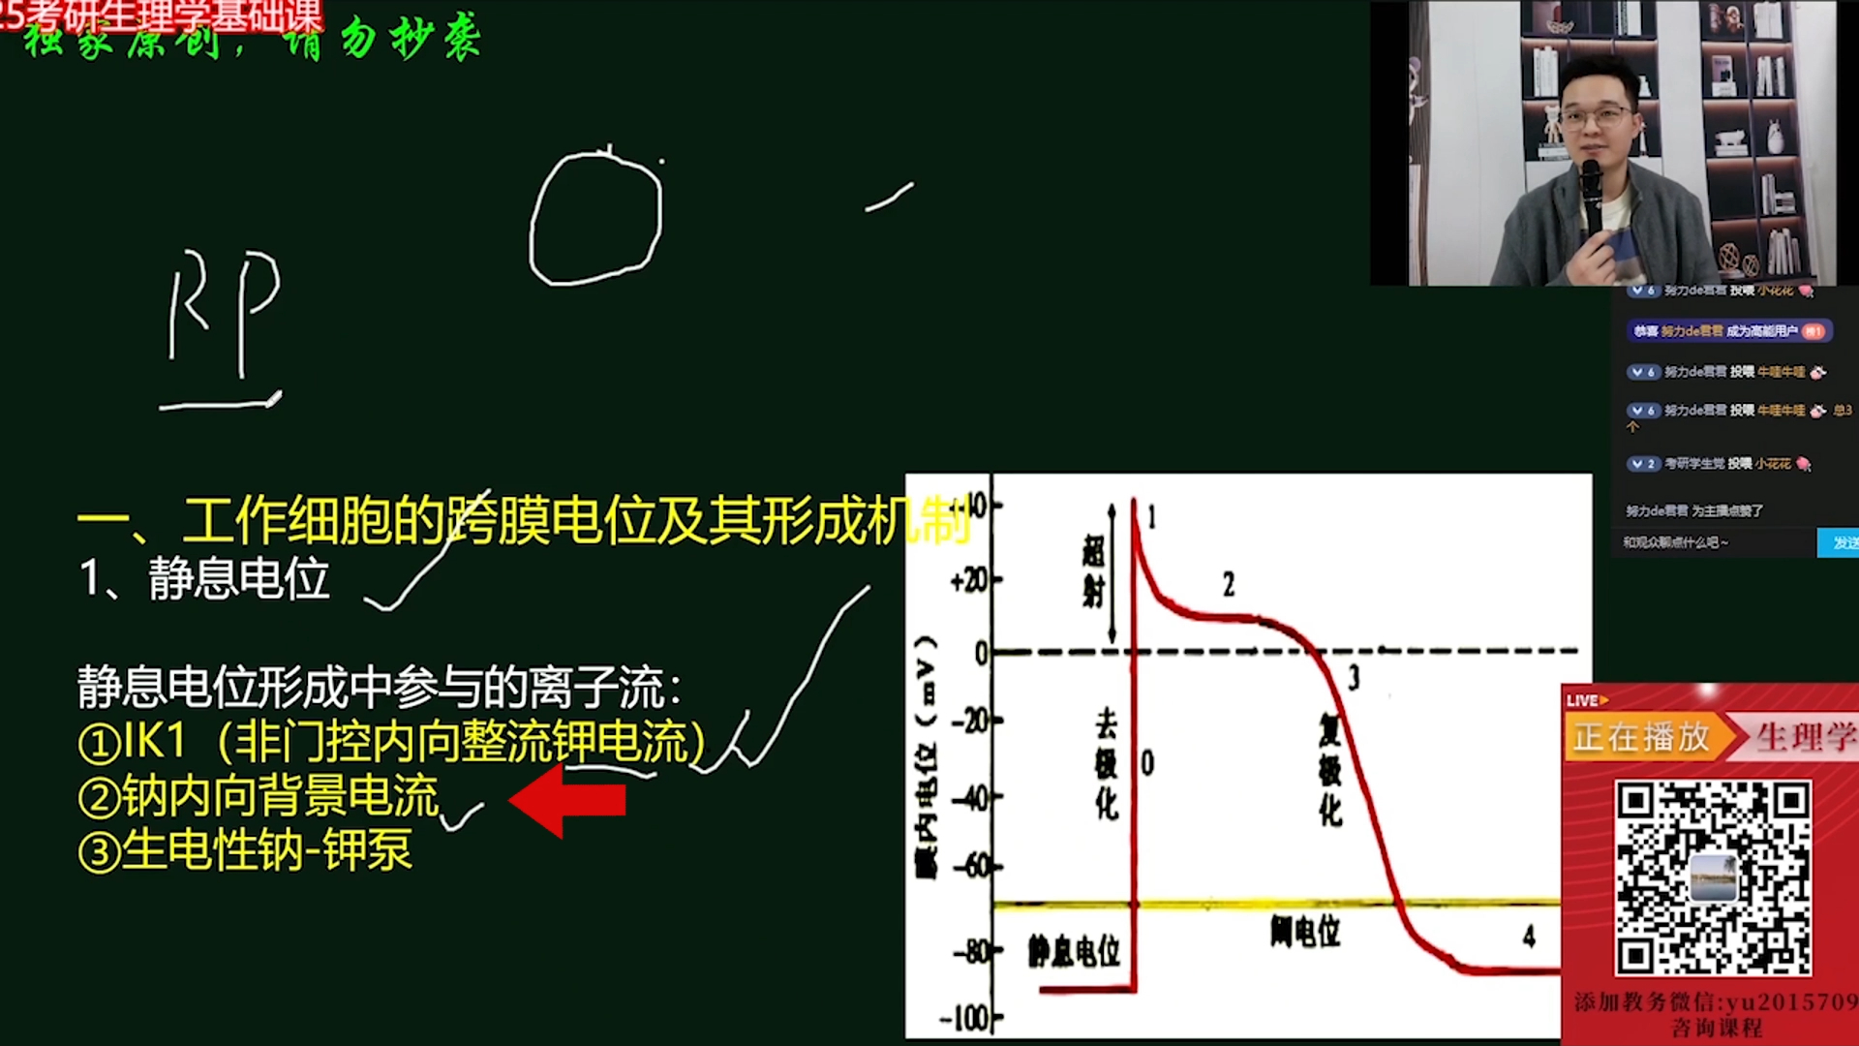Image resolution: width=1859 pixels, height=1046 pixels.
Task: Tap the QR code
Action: click(1712, 877)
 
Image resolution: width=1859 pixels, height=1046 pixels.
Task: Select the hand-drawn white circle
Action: click(595, 219)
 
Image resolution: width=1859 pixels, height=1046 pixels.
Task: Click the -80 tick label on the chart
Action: click(971, 951)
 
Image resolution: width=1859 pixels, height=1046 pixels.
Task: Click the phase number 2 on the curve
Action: click(1229, 584)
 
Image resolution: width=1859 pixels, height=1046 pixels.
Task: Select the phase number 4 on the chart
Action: click(1529, 936)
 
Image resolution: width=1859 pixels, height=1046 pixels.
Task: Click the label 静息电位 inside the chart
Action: click(1074, 951)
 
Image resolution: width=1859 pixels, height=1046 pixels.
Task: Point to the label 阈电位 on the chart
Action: click(1305, 931)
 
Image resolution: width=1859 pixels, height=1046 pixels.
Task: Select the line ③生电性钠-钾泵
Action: click(246, 851)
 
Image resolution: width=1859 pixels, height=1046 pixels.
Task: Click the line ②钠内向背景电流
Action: click(259, 797)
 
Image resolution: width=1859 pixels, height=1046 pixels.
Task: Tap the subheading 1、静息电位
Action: click(204, 579)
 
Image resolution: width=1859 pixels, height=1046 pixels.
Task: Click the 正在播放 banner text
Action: click(1641, 738)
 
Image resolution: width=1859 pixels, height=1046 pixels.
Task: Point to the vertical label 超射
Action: click(1093, 571)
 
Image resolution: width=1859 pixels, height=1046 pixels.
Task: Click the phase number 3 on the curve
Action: click(1354, 677)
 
